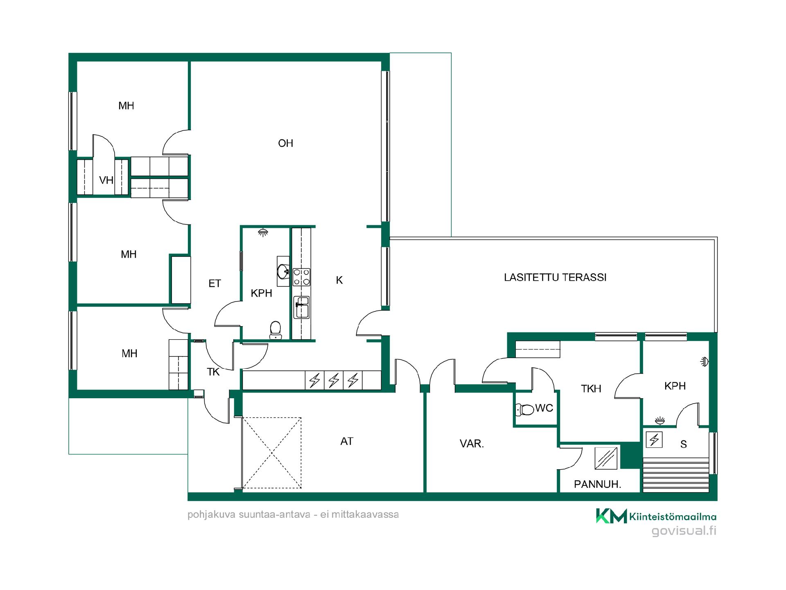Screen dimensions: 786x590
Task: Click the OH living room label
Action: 285,143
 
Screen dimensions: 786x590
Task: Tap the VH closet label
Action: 106,180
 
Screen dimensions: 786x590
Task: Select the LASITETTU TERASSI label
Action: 555,277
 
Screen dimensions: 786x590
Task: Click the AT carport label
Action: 347,441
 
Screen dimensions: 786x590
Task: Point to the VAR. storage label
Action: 472,444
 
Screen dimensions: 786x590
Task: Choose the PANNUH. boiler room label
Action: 597,484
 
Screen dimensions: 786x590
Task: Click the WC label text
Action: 544,408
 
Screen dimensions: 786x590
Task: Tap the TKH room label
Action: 591,388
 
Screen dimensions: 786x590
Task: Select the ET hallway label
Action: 215,284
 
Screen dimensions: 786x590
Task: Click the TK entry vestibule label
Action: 213,372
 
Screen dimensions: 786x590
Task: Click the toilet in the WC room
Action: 525,409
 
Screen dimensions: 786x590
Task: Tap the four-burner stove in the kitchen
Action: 301,277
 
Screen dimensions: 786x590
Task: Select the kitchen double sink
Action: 302,307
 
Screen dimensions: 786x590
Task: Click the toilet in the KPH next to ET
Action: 276,330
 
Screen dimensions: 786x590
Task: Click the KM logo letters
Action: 611,516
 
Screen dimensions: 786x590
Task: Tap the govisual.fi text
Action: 684,531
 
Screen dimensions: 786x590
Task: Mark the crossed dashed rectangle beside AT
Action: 272,453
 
